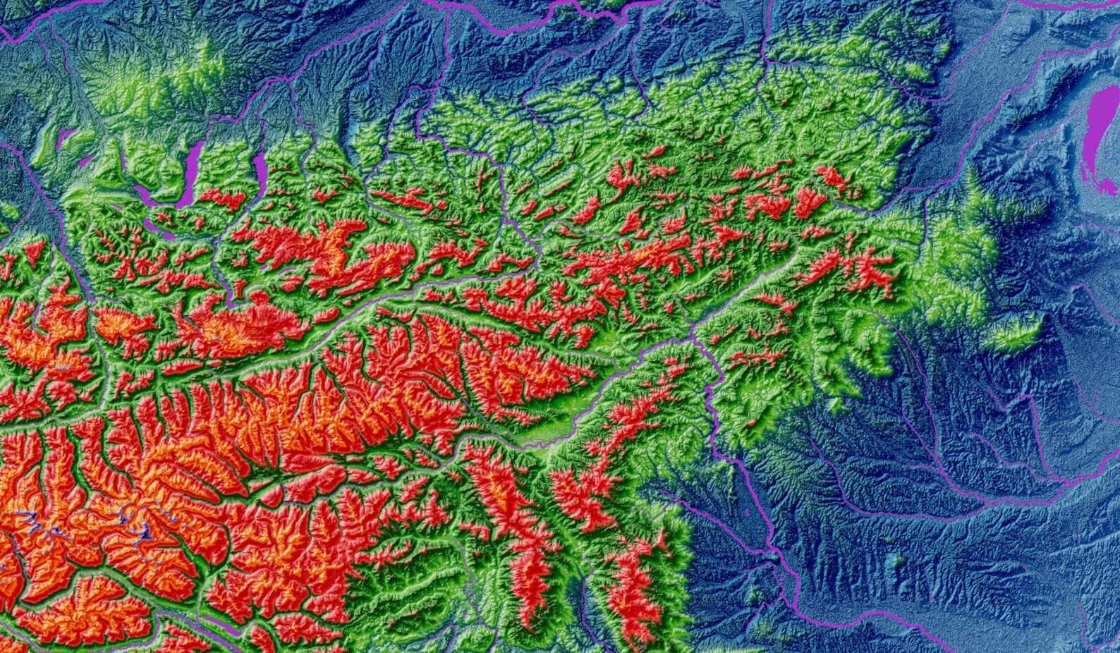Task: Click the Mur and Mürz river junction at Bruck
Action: [695, 337]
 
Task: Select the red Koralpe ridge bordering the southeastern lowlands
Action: [635, 585]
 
